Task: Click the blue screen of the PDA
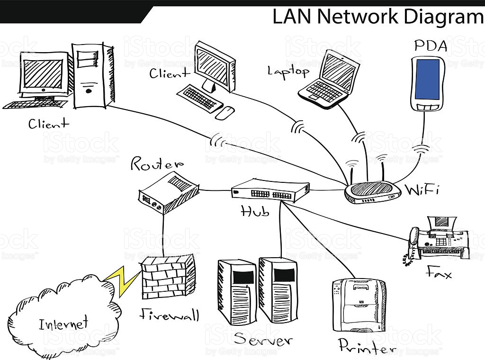pyautogui.click(x=427, y=79)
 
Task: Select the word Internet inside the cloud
pyautogui.click(x=63, y=324)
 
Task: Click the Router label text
pyautogui.click(x=156, y=164)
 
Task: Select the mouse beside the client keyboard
pyautogui.click(x=225, y=112)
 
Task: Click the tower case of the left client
pyautogui.click(x=93, y=74)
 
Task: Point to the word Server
pyautogui.click(x=263, y=340)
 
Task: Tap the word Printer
pyautogui.click(x=367, y=346)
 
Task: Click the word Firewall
pyautogui.click(x=169, y=315)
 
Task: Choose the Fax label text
pyautogui.click(x=439, y=273)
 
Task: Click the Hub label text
pyautogui.click(x=255, y=211)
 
